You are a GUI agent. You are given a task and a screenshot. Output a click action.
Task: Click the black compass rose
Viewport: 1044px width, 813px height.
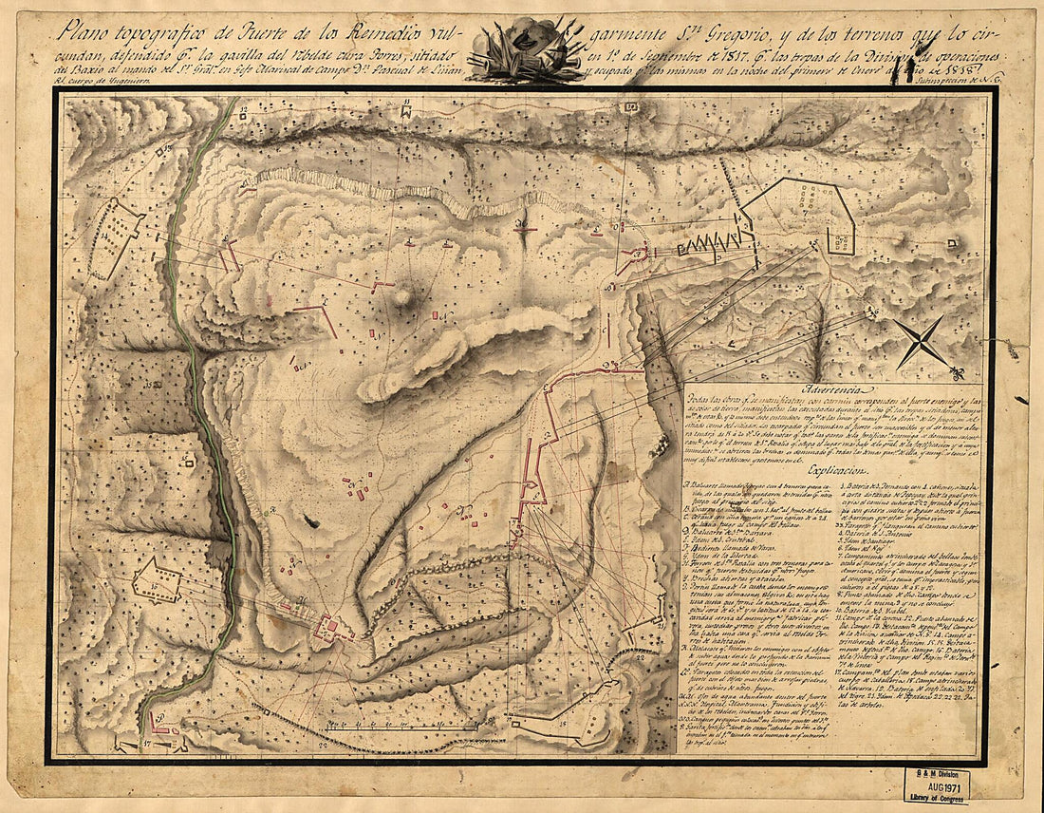coord(921,342)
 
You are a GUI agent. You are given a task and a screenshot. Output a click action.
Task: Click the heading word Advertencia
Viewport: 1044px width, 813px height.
coord(831,390)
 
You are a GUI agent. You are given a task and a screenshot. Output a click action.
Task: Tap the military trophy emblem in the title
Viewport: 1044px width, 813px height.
coord(521,49)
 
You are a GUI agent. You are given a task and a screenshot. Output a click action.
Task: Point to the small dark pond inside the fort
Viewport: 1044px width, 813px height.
coord(310,520)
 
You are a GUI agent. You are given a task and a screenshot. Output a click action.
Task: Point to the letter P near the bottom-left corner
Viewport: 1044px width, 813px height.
coord(161,715)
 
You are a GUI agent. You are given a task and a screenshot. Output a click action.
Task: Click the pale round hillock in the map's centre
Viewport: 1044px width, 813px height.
coord(403,297)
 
